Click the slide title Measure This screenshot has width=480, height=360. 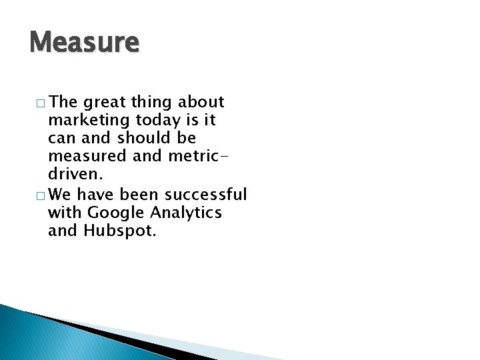click(85, 43)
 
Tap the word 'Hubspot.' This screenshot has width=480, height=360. click(121, 231)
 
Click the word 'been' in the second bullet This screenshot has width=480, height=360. click(138, 195)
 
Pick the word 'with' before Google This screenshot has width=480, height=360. click(64, 213)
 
